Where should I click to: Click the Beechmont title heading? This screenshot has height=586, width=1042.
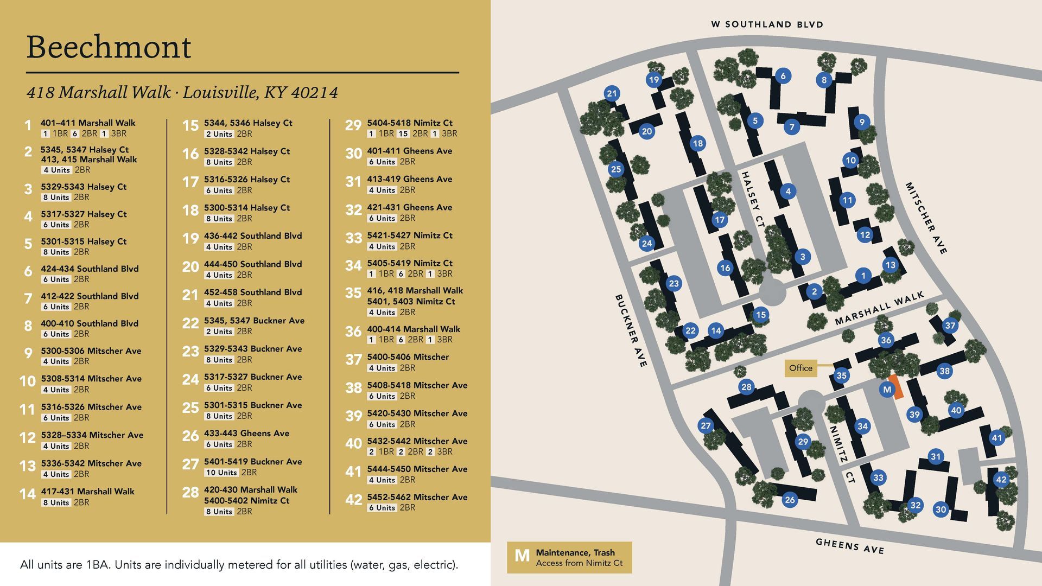[x=109, y=47]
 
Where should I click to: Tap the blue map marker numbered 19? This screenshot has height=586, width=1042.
[x=654, y=80]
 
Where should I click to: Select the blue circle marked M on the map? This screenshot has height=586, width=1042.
[x=887, y=389]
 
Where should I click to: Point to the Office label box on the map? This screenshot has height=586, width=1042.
[x=800, y=368]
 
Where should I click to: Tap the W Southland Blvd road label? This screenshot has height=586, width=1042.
[x=767, y=24]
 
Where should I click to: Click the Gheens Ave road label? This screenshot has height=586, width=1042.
[x=850, y=546]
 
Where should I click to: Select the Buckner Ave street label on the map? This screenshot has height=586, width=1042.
[x=631, y=331]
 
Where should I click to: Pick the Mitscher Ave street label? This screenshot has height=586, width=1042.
[x=926, y=218]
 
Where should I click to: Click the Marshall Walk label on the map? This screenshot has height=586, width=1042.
[x=879, y=308]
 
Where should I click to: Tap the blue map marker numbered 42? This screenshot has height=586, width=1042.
[x=1001, y=479]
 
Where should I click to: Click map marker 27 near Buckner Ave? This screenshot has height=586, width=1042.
[x=706, y=425]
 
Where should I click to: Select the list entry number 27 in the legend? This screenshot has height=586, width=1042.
[x=190, y=464]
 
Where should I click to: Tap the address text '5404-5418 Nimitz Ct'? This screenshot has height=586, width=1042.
[x=410, y=123]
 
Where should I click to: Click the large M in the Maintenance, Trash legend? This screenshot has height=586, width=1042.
[x=522, y=556]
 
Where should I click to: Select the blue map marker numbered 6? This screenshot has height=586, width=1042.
[x=783, y=76]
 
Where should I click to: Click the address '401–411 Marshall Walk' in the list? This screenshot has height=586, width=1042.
[x=88, y=123]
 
